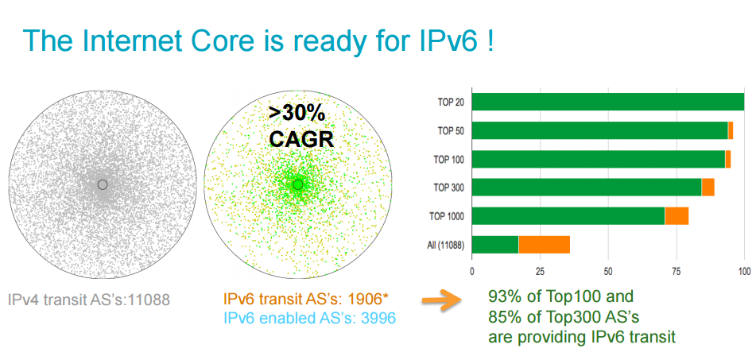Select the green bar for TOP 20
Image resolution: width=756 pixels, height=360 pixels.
point(608,103)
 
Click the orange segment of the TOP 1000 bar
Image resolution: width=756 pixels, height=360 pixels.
point(677,216)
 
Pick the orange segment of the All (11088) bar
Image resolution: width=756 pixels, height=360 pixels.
point(545,245)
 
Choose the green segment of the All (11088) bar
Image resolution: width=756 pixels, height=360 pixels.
point(495,245)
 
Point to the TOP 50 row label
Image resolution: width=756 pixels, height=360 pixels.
point(450,130)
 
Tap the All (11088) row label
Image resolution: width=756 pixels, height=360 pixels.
point(445,246)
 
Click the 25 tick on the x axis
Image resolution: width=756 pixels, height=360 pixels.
point(540,271)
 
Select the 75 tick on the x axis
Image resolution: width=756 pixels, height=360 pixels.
point(676,271)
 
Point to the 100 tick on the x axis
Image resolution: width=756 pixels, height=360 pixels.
point(744,271)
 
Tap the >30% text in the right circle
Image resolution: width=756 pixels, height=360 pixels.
point(297,114)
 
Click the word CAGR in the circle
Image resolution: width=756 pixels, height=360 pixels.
point(301,139)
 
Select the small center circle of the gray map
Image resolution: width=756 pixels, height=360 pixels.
point(103,184)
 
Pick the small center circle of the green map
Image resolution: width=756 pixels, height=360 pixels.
point(298,184)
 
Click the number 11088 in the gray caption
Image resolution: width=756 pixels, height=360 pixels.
point(147,300)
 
